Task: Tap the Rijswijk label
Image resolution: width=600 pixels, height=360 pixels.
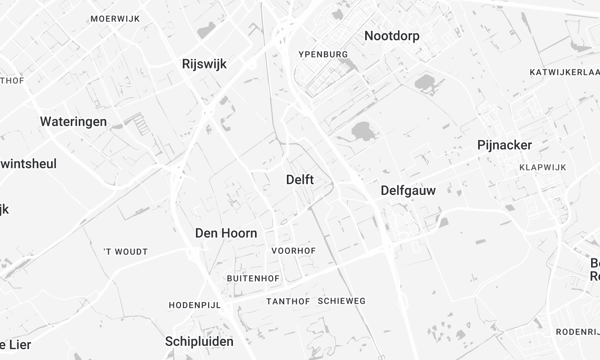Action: click(206, 63)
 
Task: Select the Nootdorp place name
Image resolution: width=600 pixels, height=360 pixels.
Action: click(392, 36)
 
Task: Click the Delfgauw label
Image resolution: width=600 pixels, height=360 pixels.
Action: click(409, 189)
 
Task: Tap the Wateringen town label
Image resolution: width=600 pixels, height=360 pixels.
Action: click(73, 121)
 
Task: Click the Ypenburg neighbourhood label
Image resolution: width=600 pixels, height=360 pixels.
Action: click(322, 53)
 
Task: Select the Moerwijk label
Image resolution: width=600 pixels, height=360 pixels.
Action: click(113, 19)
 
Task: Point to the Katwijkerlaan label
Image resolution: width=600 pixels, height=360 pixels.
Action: click(564, 73)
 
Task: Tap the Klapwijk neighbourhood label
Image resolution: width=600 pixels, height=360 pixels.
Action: click(543, 167)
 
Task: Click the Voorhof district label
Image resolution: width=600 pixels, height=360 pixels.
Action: click(294, 251)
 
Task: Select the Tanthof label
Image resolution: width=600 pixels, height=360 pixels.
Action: click(287, 301)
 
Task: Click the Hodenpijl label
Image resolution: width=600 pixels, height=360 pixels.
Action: click(194, 304)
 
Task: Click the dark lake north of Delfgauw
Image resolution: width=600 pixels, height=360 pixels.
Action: click(361, 131)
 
